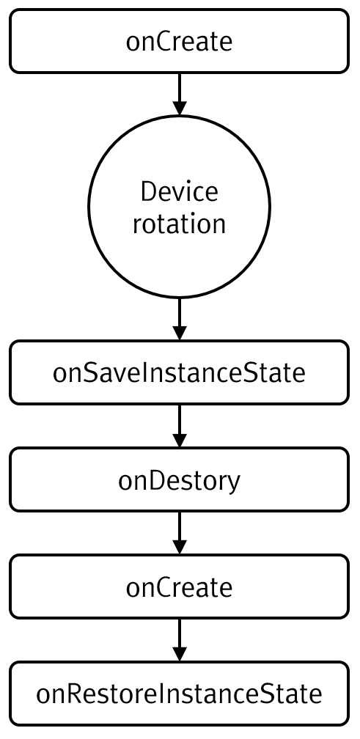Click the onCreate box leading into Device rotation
coord(179,42)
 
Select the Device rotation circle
coord(179,207)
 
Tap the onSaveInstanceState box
coord(179,372)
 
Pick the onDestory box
coord(179,479)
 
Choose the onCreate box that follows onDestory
coord(179,587)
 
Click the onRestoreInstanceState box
coord(179,694)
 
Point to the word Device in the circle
coord(179,192)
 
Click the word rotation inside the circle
coord(179,224)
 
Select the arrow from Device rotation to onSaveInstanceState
coord(179,319)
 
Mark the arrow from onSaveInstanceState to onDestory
coord(179,426)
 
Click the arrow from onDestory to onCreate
coord(179,533)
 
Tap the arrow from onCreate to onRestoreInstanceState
coord(179,640)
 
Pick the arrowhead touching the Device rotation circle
coord(179,109)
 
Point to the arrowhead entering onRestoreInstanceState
coord(179,654)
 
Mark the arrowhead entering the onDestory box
coord(179,440)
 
